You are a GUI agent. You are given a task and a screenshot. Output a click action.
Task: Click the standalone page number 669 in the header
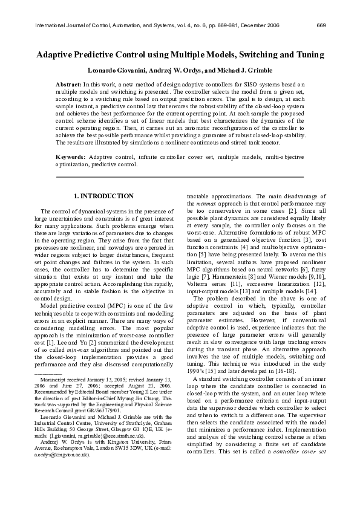coord(321,25)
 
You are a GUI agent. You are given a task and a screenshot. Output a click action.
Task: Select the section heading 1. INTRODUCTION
coord(103,196)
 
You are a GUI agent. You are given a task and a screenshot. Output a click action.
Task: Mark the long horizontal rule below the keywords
coord(180,177)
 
